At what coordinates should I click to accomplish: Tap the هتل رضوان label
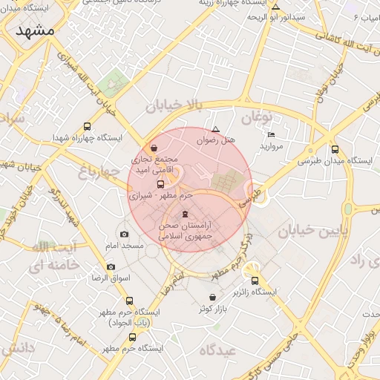tap(216, 139)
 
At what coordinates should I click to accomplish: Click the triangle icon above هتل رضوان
tap(216, 128)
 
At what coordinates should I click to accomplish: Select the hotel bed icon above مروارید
tap(271, 134)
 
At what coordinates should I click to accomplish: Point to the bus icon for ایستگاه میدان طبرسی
tap(335, 148)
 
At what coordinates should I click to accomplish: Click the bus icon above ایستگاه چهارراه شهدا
tap(88, 125)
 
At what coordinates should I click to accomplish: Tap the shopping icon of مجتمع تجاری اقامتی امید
tap(154, 147)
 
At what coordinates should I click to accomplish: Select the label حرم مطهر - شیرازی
tap(161, 196)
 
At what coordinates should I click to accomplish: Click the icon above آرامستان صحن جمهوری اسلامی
tap(185, 214)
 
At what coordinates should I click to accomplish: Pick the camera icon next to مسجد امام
tap(124, 235)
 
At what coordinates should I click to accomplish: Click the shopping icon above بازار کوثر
tap(213, 297)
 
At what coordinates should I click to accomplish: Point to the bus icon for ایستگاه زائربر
tap(255, 281)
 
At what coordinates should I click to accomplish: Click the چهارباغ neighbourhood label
tap(99, 172)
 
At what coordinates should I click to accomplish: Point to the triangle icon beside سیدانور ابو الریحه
tap(276, 6)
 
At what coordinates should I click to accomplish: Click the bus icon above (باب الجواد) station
tap(131, 301)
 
